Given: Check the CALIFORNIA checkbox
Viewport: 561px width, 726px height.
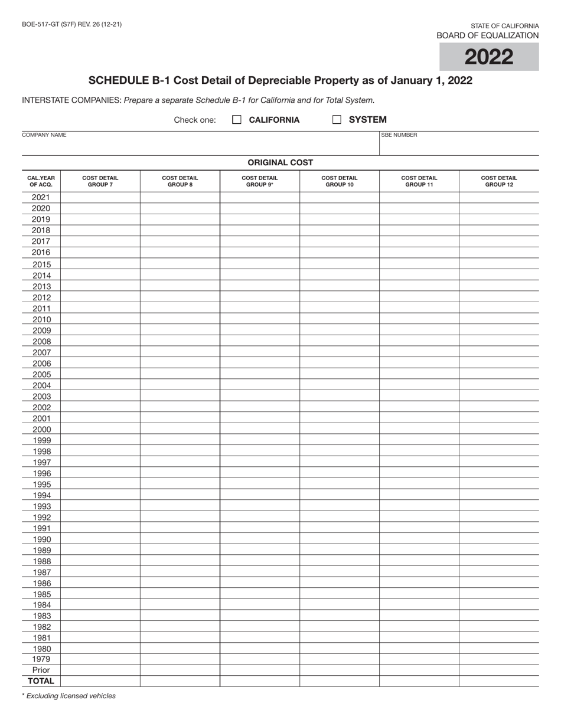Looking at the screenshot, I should coord(237,120).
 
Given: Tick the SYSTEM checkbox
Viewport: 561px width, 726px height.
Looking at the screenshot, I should coord(337,120).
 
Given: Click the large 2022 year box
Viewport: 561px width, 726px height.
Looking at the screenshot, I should coord(488,57).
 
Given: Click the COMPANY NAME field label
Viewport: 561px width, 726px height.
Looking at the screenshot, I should coord(44,135).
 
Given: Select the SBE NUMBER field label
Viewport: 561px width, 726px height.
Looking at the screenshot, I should coord(399,135).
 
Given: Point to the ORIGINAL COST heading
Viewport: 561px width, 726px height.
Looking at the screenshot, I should coord(280,162).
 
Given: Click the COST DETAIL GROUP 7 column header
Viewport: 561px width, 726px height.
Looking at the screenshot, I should coord(100,181).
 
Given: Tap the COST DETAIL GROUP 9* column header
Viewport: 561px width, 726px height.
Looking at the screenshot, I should coord(259,181).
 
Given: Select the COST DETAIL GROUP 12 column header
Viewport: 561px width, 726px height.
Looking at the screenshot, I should coord(498,181).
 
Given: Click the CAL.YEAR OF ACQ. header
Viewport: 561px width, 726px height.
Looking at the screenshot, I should coord(41,181).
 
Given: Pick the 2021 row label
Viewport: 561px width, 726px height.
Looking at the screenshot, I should coord(41,197).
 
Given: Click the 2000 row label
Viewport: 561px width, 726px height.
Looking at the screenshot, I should coord(41,430).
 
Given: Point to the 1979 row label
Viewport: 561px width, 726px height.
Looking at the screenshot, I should coord(41,659).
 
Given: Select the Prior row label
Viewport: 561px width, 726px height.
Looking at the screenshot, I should coord(41,671).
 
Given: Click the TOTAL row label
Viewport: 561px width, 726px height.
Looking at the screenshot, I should coord(41,681).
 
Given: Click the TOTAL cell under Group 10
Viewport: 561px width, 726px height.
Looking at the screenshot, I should coord(339,681).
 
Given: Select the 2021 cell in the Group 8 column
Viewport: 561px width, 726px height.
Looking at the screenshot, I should coord(180,197).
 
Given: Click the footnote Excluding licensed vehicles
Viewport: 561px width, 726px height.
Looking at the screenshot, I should coord(69,696).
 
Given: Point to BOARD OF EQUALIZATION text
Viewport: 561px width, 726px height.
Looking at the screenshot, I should coord(487,35).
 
